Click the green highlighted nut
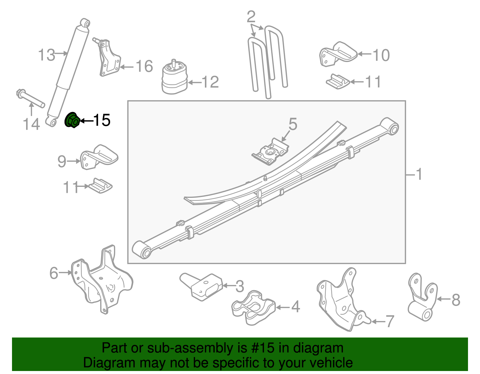pyautogui.click(x=72, y=120)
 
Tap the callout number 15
pyautogui.click(x=102, y=120)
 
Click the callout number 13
pyautogui.click(x=47, y=55)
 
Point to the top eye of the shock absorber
pyautogui.click(x=85, y=23)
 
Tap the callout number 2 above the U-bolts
pyautogui.click(x=251, y=17)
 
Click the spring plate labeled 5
pyautogui.click(x=270, y=152)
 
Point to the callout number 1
pyautogui.click(x=419, y=174)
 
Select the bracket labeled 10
pyautogui.click(x=337, y=54)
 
